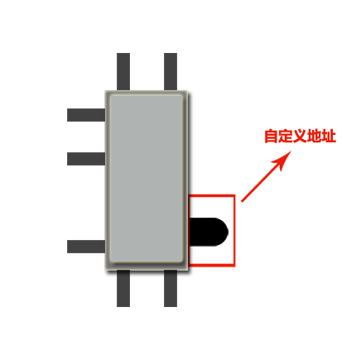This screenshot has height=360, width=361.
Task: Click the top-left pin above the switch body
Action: pos(123,71)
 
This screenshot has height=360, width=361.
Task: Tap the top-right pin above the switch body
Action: pos(171,71)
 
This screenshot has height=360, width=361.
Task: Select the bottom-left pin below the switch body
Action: pos(123,288)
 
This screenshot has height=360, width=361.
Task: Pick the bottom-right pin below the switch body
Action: pos(171,288)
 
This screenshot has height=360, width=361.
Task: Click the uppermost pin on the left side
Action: pos(86,115)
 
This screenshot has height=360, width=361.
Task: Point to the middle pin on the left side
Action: pos(86,159)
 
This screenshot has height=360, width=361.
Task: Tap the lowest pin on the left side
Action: pos(86,247)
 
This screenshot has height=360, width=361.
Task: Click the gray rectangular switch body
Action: pos(147,180)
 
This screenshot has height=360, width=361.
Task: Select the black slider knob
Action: pos(209,232)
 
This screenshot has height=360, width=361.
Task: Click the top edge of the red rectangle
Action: pos(212,195)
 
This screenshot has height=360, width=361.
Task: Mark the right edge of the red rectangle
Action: pos(234,231)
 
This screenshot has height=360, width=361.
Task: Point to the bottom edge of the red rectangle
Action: pos(212,266)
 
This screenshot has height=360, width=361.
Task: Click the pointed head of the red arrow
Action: pos(291,151)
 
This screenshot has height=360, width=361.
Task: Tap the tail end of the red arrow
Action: pos(242,202)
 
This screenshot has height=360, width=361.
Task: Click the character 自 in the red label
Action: pos(271,136)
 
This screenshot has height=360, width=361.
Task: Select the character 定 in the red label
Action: pos(286,136)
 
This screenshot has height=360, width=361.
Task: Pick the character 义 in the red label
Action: pos(300,136)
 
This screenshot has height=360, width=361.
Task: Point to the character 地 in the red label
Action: pos(315,136)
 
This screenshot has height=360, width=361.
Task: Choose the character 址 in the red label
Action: pos(329,136)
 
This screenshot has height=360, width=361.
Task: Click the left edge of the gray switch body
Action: pos(105,180)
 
